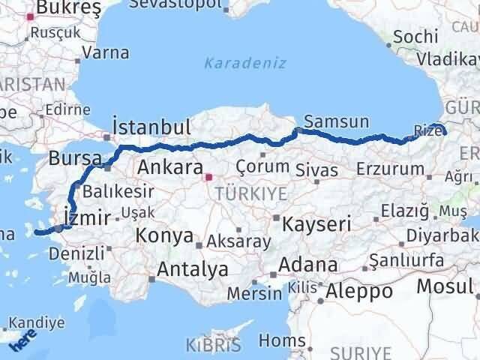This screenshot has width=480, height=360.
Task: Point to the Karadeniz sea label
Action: pos(245,63)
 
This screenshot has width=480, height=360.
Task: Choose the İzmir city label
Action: pos(88,217)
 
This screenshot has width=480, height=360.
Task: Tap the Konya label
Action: pos(164,235)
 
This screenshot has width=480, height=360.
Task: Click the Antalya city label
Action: pos(192,268)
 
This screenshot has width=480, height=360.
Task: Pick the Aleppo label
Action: pos(360,291)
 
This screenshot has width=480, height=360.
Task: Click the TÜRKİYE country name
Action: pos(250,194)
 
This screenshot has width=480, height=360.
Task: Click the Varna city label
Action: pos(105,52)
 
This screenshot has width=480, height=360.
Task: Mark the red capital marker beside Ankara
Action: pos(209,177)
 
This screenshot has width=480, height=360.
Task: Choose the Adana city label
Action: pos(308,265)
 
